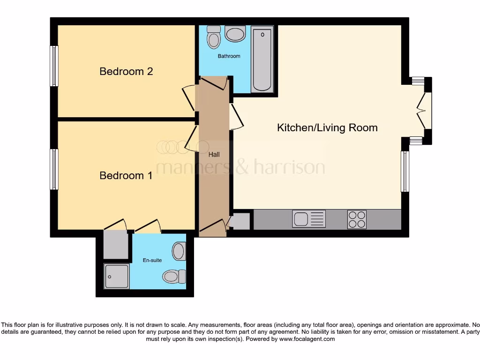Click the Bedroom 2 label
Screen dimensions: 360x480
(x=126, y=71)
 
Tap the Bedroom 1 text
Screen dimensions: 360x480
(x=126, y=175)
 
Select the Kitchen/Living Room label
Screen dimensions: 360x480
(x=327, y=127)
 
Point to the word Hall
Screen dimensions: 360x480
(x=214, y=154)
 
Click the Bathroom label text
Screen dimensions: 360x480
(x=229, y=56)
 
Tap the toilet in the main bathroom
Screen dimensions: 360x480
(x=214, y=37)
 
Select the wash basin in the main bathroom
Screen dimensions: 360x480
(x=235, y=34)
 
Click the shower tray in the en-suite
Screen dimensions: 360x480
(x=116, y=276)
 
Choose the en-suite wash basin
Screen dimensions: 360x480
(x=179, y=251)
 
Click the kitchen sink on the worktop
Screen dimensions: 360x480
(x=308, y=219)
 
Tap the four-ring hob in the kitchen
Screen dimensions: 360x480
(x=357, y=219)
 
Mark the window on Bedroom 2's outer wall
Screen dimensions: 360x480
(x=54, y=66)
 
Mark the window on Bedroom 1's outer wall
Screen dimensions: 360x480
(x=54, y=169)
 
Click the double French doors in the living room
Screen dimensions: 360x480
(x=424, y=111)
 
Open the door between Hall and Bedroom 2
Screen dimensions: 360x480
(x=189, y=97)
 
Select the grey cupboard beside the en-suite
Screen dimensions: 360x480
(x=116, y=244)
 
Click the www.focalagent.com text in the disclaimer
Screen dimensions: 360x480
(x=307, y=339)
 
